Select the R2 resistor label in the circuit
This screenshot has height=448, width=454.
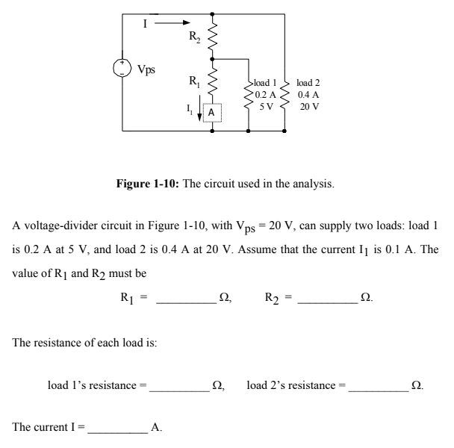click(x=194, y=34)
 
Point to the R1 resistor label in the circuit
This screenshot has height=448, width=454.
click(x=193, y=81)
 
